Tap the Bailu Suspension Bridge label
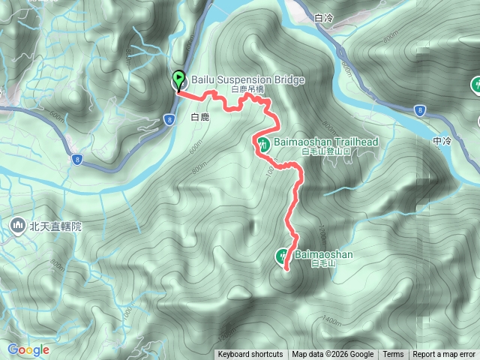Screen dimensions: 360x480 (237, 79)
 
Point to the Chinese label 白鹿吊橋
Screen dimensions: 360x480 (247, 89)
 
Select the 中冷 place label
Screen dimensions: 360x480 (442, 141)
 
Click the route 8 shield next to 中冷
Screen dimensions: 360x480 (420, 110)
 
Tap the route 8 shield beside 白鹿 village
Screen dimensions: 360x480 (170, 118)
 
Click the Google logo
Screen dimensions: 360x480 (28, 349)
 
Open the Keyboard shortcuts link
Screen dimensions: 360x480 (250, 355)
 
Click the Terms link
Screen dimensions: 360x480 (393, 355)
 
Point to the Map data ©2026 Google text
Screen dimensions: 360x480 (333, 355)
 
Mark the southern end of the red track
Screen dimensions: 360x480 (285, 267)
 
